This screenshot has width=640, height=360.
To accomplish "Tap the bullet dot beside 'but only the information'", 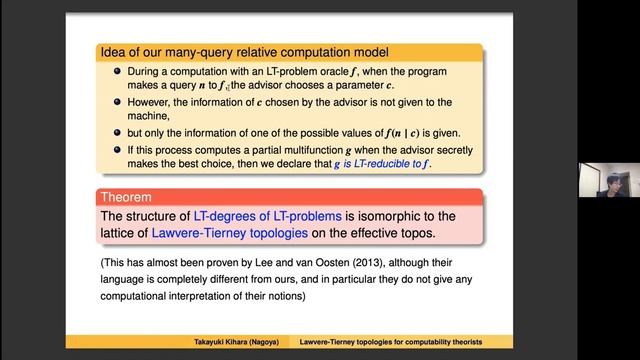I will pos(118,129).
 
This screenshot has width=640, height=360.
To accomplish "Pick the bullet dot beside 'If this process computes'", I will pos(118,149).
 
